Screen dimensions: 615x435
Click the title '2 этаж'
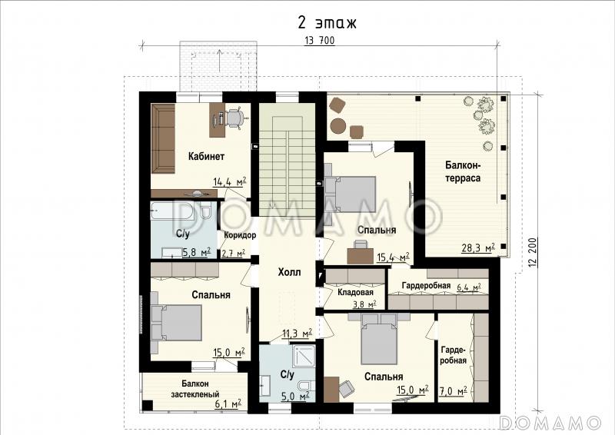coord(327,23)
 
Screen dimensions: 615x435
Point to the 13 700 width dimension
coord(319,41)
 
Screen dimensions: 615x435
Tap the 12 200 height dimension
coord(532,253)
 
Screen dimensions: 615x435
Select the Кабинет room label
coord(206,157)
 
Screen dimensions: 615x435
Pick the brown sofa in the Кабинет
coord(163,138)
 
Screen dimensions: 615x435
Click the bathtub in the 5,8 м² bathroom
coord(172,211)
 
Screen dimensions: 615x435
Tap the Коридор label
coord(240,235)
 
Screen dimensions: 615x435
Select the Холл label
coord(290,272)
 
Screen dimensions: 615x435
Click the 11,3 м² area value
coord(298,334)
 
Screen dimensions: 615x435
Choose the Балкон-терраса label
coord(463,171)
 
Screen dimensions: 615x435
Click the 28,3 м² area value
coord(477,248)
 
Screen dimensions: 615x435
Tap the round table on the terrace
coord(337,126)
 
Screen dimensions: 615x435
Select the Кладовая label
coord(355,292)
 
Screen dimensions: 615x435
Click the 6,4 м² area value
coord(469,287)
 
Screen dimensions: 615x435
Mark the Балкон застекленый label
coord(195,389)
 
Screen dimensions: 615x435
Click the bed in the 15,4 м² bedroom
coord(350,188)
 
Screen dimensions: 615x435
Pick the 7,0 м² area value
coord(453,390)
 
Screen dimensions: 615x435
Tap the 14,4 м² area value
coord(230,181)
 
